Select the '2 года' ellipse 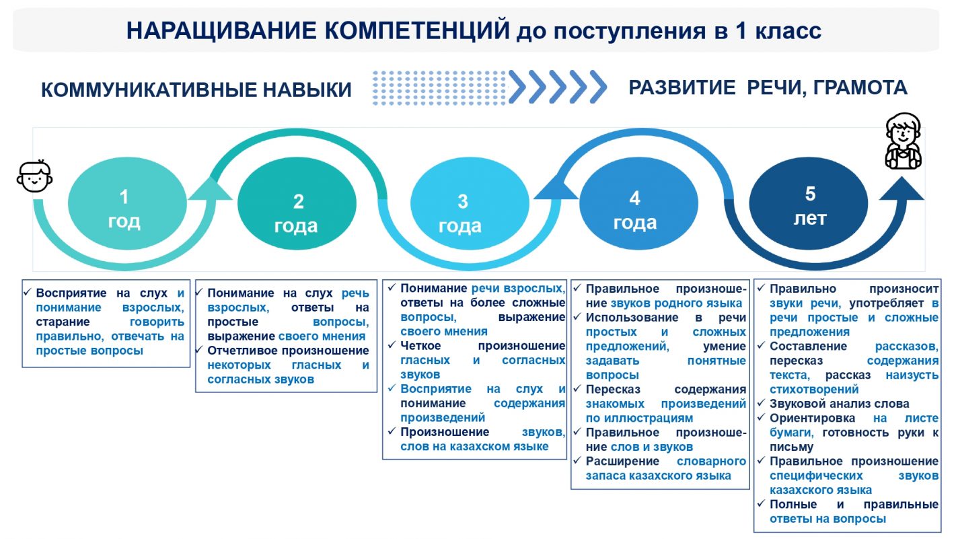click(297, 213)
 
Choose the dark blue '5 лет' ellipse click(809, 206)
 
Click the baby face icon click(34, 177)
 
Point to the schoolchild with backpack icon click(903, 141)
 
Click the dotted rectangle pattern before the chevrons click(439, 87)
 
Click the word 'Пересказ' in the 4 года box click(613, 390)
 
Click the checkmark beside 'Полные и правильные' click(760, 504)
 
